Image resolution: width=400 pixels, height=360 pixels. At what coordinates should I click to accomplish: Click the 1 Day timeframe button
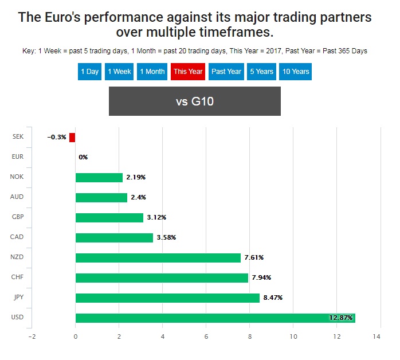[x=90, y=72]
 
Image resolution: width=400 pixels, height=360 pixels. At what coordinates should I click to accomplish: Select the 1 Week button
[x=119, y=72]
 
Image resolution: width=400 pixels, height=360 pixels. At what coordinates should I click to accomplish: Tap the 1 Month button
[x=152, y=72]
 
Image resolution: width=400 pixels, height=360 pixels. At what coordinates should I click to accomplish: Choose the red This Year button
[x=188, y=72]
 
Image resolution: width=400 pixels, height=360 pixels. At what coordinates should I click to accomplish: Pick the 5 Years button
[x=261, y=72]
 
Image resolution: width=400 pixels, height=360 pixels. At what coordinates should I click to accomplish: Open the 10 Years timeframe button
[x=296, y=72]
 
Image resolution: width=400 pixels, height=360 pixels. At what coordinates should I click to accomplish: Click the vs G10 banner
[x=195, y=102]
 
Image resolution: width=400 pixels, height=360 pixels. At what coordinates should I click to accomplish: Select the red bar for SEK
[x=72, y=137]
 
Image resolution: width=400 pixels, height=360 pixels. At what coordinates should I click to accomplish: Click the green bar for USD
[x=215, y=318]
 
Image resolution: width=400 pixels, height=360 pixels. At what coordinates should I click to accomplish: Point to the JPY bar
[x=167, y=298]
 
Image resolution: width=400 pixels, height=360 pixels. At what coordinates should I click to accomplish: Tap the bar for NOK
[x=99, y=177]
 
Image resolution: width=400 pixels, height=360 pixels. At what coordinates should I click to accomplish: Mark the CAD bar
[x=114, y=237]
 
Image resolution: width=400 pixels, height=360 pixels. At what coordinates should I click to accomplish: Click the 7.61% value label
[x=255, y=258]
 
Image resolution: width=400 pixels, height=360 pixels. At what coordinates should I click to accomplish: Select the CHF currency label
[x=17, y=277]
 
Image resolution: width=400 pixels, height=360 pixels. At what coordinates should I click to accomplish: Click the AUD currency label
[x=17, y=197]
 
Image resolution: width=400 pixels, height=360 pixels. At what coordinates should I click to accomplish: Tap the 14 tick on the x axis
[x=377, y=336]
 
